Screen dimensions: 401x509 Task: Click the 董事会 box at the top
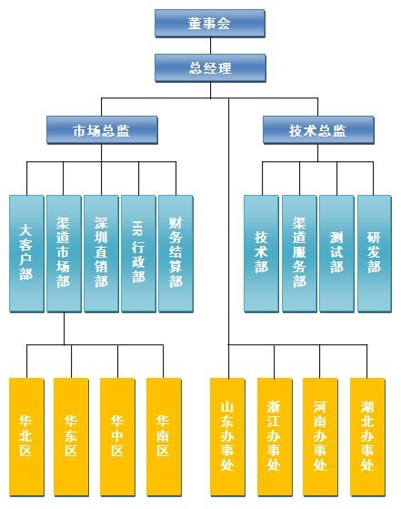[x=210, y=24]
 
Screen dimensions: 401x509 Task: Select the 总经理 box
[x=210, y=68]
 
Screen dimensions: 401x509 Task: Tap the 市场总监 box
[x=102, y=130]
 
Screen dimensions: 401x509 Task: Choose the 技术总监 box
[x=318, y=130]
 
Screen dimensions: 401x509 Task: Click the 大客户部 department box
[x=26, y=253]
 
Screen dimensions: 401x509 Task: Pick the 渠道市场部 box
[x=64, y=253]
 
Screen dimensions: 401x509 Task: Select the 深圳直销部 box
[x=101, y=253]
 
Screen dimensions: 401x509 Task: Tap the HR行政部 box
[x=138, y=253]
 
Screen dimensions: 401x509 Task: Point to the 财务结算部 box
[x=175, y=253]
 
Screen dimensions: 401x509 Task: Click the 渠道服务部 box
[x=299, y=253]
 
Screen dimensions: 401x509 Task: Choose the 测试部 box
[x=336, y=253]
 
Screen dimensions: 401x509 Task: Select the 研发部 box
[x=374, y=253]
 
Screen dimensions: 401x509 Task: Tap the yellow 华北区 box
[x=26, y=437]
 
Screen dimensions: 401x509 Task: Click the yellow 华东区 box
[x=71, y=437]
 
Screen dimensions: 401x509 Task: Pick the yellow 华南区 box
[x=164, y=437]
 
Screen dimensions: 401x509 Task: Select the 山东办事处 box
[x=227, y=437]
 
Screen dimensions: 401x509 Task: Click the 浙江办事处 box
[x=275, y=437]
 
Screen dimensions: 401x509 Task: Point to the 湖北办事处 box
[x=367, y=437]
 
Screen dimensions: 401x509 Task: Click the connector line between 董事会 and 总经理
[x=210, y=46]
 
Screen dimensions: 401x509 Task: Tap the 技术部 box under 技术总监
[x=261, y=253]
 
